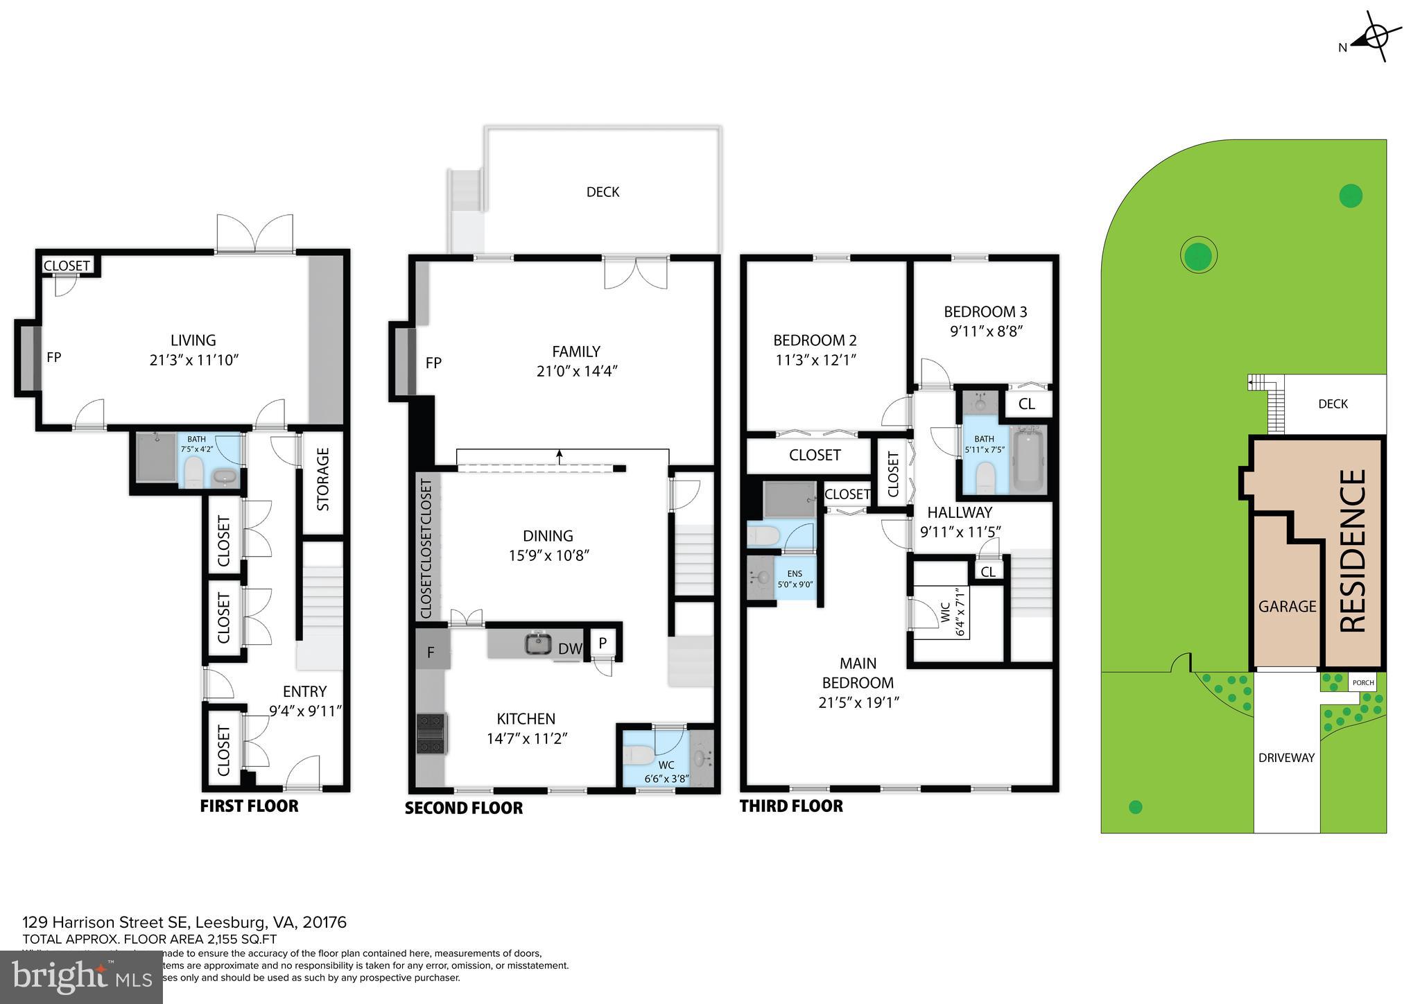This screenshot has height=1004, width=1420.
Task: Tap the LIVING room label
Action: click(x=193, y=340)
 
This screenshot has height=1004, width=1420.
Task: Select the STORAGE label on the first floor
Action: click(x=323, y=479)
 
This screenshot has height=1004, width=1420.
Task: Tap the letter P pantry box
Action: click(x=603, y=643)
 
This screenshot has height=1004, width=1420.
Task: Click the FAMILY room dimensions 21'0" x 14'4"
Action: click(x=576, y=371)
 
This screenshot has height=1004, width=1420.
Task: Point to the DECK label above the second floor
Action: click(x=603, y=192)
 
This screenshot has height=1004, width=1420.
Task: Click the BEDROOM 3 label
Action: click(x=985, y=312)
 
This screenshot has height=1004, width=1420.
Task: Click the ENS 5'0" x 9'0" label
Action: click(x=795, y=579)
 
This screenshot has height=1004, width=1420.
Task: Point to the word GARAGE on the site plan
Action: click(x=1287, y=606)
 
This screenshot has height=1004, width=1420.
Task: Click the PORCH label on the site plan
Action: click(x=1363, y=682)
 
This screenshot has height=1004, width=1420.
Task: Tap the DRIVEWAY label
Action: click(x=1286, y=758)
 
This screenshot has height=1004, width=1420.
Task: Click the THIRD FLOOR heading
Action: click(x=791, y=806)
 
